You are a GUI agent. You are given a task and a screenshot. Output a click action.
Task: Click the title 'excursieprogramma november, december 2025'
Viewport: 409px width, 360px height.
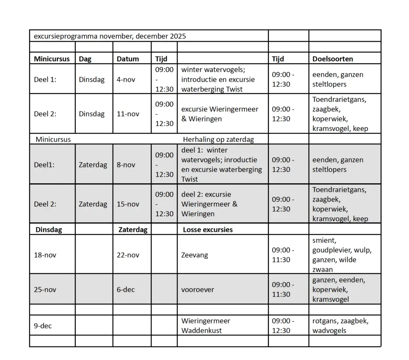click(x=110, y=36)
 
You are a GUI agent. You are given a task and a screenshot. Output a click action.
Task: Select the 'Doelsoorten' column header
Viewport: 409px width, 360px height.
click(x=332, y=59)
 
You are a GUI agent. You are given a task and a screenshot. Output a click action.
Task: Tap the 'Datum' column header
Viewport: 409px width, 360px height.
click(x=128, y=59)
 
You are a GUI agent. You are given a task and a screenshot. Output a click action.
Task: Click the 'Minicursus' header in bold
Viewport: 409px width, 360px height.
click(x=52, y=59)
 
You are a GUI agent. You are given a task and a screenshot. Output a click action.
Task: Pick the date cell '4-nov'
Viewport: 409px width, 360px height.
click(x=126, y=80)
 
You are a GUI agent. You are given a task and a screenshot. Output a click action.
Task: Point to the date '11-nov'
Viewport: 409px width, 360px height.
click(x=128, y=114)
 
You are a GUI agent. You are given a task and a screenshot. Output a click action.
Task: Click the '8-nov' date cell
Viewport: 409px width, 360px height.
click(x=126, y=165)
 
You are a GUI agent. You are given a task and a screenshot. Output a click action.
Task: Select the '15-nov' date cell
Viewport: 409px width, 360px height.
click(x=128, y=204)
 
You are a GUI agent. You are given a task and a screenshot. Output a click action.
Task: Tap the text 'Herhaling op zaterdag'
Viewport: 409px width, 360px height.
click(x=218, y=139)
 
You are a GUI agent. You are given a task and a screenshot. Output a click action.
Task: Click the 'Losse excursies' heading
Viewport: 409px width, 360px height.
click(x=208, y=230)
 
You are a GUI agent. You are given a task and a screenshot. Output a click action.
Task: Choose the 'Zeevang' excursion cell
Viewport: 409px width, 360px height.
click(x=195, y=255)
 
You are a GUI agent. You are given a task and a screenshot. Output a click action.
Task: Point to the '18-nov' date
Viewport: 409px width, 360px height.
click(x=45, y=255)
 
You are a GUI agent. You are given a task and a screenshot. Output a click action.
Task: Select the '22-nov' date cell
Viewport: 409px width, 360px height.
click(x=128, y=255)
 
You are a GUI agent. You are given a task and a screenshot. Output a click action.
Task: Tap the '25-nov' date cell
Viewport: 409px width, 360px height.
click(x=45, y=290)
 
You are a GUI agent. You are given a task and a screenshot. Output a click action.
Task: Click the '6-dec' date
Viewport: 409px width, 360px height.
click(x=126, y=290)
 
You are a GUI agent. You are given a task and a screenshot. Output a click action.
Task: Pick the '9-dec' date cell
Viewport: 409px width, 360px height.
click(x=43, y=326)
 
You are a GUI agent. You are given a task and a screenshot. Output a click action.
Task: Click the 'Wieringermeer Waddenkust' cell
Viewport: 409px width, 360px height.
click(x=206, y=326)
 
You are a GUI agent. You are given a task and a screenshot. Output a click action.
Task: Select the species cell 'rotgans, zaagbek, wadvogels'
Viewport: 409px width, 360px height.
click(x=340, y=326)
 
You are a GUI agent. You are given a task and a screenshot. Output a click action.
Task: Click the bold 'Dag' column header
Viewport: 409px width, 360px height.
click(x=85, y=59)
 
